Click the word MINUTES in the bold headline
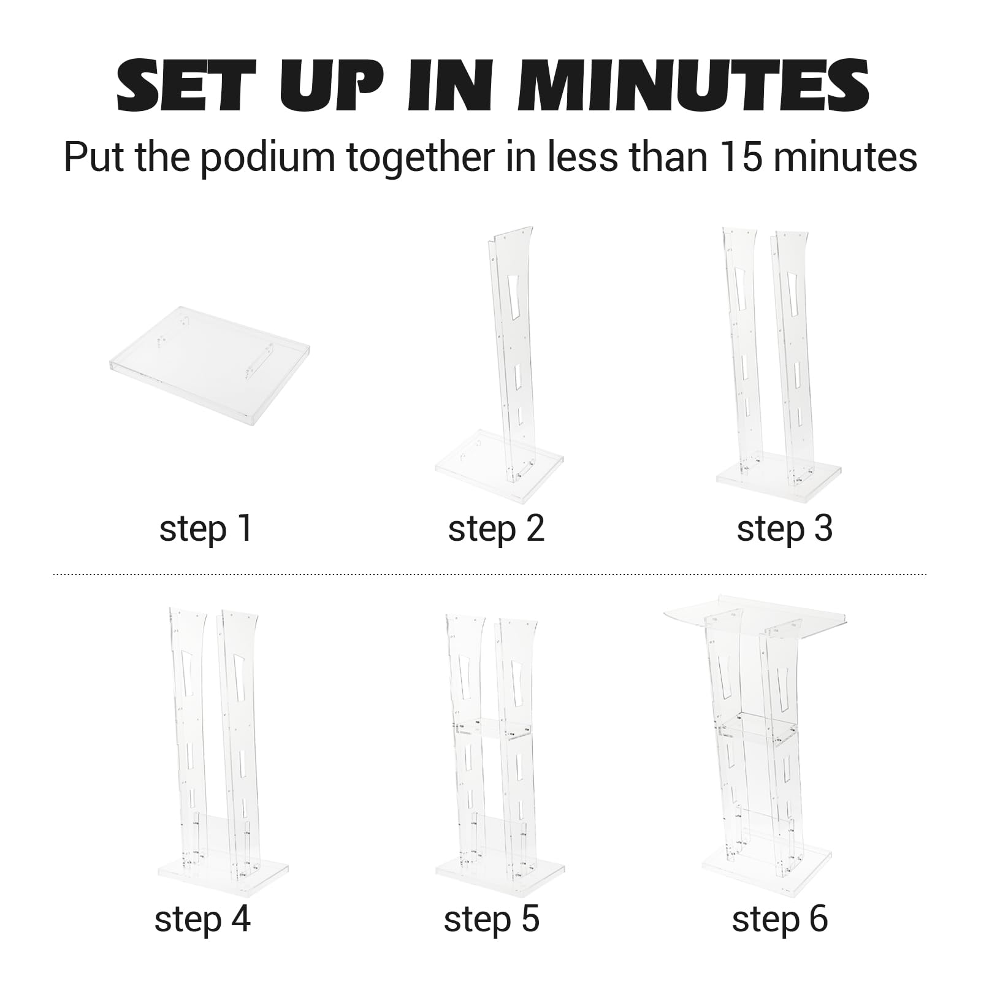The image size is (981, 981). [x=693, y=85]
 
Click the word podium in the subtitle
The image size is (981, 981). [x=267, y=158]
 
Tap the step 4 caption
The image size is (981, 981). [x=202, y=919]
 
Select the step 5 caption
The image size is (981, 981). [x=492, y=919]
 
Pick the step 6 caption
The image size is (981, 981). [x=780, y=919]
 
